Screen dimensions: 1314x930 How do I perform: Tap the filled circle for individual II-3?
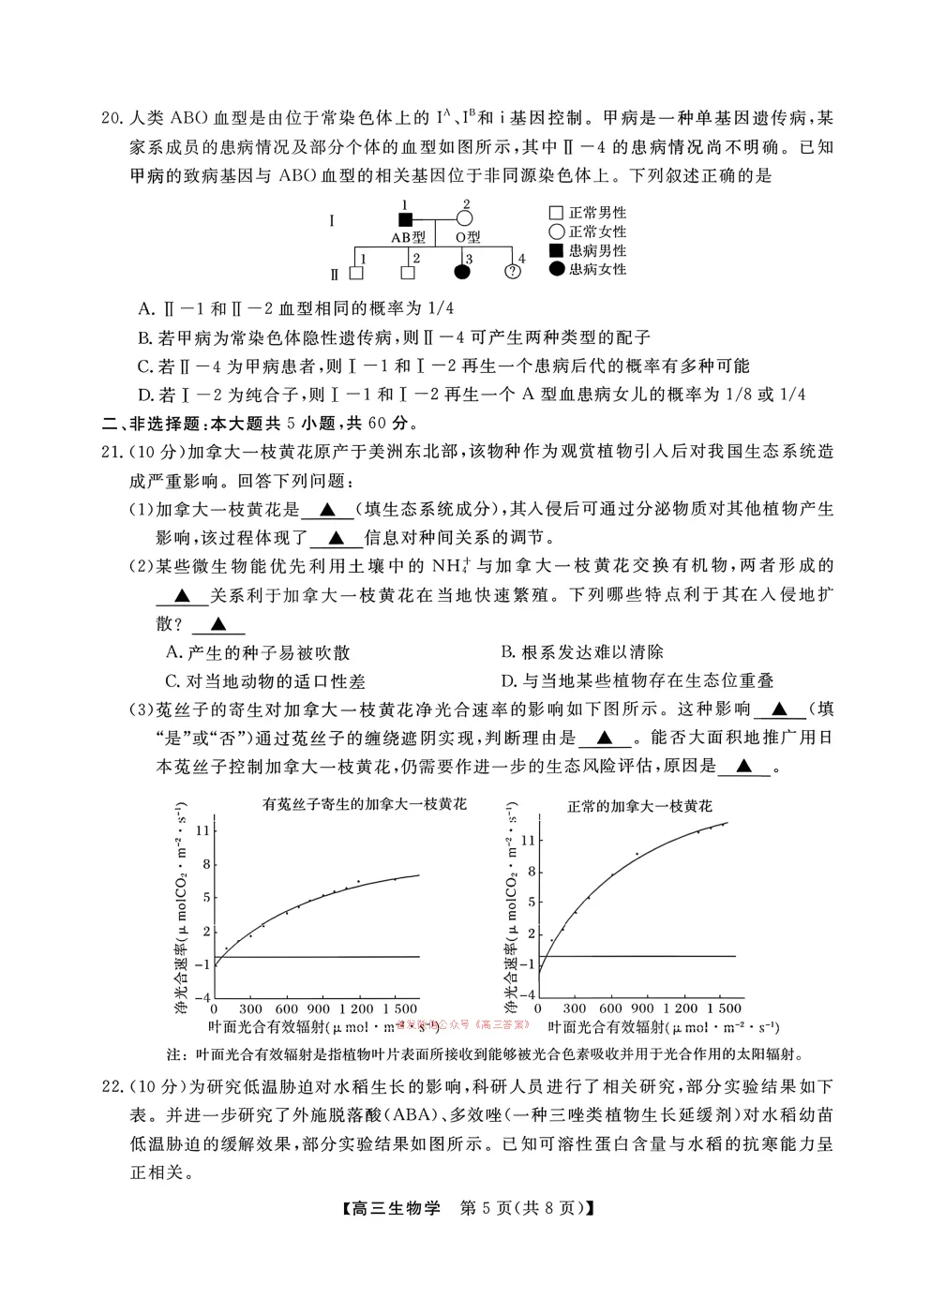462,273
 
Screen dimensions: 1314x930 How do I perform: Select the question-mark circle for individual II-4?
513,273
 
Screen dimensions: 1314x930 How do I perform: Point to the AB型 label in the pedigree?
408,237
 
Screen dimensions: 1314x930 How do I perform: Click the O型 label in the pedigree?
468,237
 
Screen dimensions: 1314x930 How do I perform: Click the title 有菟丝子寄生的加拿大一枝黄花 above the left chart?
365,804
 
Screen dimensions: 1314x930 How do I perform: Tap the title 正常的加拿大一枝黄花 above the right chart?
639,806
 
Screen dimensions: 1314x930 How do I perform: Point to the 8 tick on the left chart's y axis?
206,864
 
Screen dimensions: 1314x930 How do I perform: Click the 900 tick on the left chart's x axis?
320,1008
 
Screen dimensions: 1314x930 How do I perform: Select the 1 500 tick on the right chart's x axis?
724,1008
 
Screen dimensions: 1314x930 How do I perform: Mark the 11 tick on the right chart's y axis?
528,840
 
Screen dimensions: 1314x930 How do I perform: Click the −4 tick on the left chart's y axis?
203,997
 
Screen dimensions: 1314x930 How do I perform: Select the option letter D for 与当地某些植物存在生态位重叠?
508,681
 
